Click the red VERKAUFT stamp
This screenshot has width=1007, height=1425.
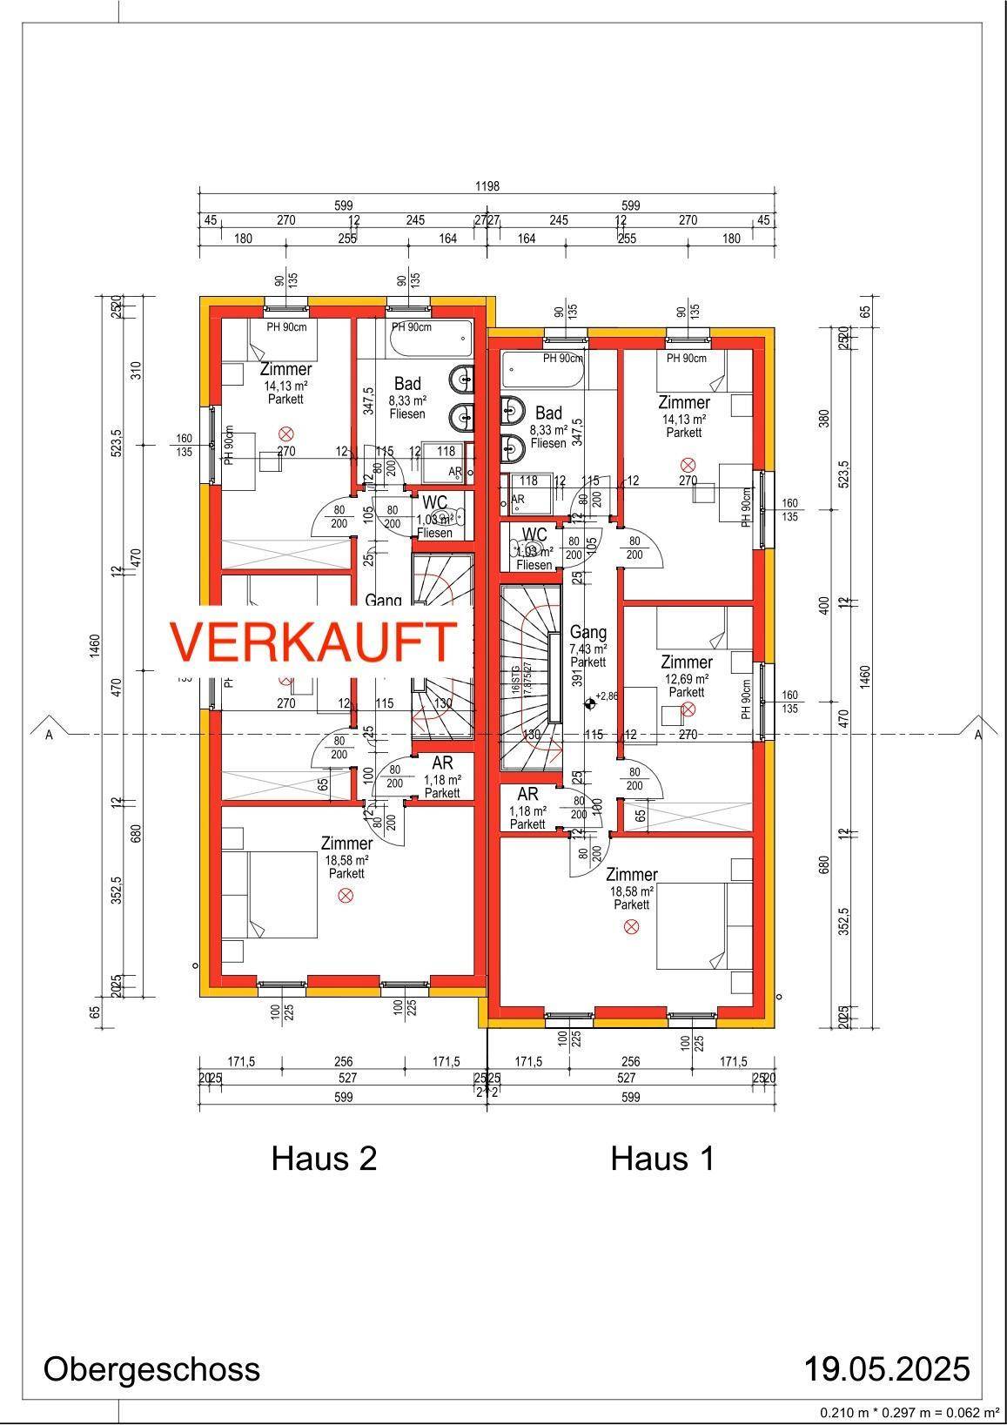(x=313, y=642)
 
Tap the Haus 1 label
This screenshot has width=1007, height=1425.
(x=662, y=1159)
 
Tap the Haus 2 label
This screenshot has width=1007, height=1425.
(x=324, y=1159)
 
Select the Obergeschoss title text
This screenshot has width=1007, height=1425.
(x=151, y=1368)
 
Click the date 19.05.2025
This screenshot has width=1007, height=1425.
(x=886, y=1368)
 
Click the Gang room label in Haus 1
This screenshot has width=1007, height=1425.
(x=587, y=633)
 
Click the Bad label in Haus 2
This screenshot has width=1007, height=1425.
(x=407, y=384)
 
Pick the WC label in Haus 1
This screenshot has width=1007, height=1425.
(x=534, y=534)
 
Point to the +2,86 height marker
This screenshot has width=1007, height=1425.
(x=604, y=696)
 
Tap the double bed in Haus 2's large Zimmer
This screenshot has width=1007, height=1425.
(x=281, y=894)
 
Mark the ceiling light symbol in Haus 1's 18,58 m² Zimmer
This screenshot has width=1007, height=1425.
(x=632, y=928)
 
